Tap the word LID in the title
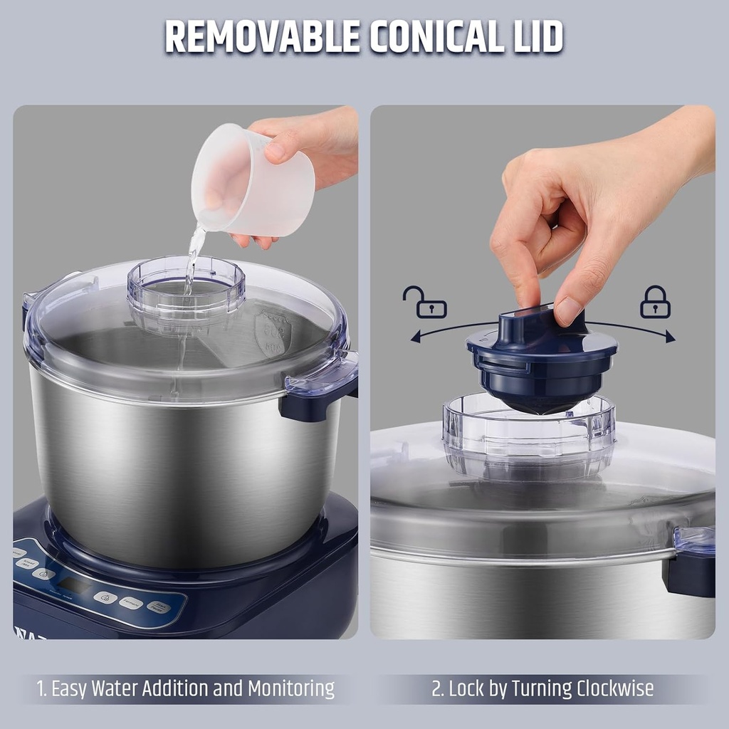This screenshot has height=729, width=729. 531,36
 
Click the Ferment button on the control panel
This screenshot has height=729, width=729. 130,602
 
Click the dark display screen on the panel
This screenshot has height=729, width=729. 74,585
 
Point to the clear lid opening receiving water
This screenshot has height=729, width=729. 186,285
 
